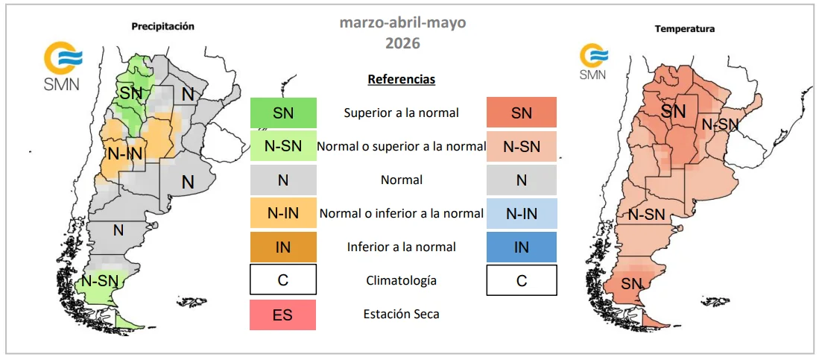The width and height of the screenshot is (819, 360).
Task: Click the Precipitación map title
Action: coord(163,27)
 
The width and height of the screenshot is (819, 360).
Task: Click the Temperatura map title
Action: coord(685,29)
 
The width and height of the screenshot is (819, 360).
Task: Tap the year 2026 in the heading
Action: coord(402,42)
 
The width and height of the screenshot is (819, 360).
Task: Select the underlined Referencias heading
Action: coord(402,80)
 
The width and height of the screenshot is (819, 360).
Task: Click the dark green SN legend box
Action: coord(283,113)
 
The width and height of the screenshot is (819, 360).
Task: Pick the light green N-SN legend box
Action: coord(283,146)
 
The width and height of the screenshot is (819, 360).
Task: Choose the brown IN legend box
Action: coord(283,247)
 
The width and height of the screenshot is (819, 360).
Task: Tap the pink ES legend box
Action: coord(283,315)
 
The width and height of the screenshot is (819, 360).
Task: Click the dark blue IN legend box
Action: coord(521,247)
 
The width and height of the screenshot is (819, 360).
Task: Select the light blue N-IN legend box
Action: coord(521,214)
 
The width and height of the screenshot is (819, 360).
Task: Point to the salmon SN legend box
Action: coord(521,113)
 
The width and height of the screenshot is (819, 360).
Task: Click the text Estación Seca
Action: coord(401,315)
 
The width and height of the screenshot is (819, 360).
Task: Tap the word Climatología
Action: coord(401,281)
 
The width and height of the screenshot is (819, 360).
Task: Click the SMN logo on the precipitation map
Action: coord(62,66)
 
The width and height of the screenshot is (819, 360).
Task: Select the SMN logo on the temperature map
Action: coord(593,62)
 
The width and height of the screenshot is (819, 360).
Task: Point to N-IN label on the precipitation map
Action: coord(125,153)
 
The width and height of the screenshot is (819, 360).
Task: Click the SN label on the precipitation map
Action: coord(130,93)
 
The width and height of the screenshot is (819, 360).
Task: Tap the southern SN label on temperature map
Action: coord(631,285)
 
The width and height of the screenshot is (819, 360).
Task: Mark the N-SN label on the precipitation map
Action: coord(101,280)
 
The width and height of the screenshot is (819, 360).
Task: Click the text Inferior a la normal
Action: coord(401,247)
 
